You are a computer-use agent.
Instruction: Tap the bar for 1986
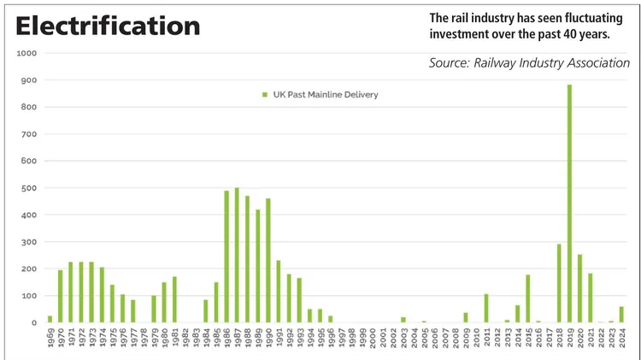[x=226, y=257]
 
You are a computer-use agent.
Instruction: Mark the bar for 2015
[x=528, y=298]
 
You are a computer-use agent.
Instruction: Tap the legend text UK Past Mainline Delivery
[x=324, y=94]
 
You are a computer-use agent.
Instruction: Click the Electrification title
[x=108, y=26]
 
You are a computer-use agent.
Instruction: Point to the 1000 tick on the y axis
[x=27, y=53]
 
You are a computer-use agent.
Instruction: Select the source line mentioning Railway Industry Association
[x=529, y=63]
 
